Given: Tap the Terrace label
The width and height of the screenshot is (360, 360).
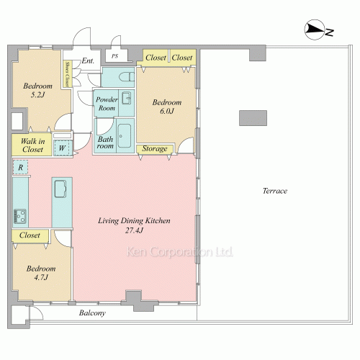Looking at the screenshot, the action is coord(275,191).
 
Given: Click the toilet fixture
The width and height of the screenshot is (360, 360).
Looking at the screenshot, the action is coord(127,77).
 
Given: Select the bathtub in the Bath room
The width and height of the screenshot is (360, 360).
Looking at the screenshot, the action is coord(125,137).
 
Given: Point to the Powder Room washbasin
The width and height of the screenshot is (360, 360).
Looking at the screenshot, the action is coord(126,98).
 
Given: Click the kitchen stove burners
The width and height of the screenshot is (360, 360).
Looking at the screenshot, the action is coord(20,217).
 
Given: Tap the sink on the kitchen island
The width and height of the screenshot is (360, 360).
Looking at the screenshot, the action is coord(60,189).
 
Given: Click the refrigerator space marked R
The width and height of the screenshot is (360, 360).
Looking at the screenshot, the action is coord(20,167).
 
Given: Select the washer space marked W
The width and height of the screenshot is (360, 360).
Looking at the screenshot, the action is coord(62,148).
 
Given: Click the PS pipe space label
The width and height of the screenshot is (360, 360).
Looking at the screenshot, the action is coord(114,56).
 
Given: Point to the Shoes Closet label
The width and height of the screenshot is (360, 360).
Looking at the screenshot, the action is coord(67,74).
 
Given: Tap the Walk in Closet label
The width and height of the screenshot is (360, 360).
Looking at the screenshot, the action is coord(32,145).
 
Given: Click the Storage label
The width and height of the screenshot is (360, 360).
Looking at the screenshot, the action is coord(155,148).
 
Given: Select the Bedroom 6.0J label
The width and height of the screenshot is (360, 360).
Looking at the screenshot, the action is coord(167,107).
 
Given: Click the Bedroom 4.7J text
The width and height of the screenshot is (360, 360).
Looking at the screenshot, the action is coord(41,273).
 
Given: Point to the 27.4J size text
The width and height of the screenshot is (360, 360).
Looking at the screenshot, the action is coord(134,230).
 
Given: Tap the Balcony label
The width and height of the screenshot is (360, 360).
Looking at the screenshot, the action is coord(92,313).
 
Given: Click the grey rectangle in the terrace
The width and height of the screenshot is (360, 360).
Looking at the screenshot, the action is coord(253,118).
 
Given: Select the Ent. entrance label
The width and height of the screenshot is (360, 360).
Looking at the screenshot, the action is coord(88,60).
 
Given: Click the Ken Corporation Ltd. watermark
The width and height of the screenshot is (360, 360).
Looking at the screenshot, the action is coord(179,252).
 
